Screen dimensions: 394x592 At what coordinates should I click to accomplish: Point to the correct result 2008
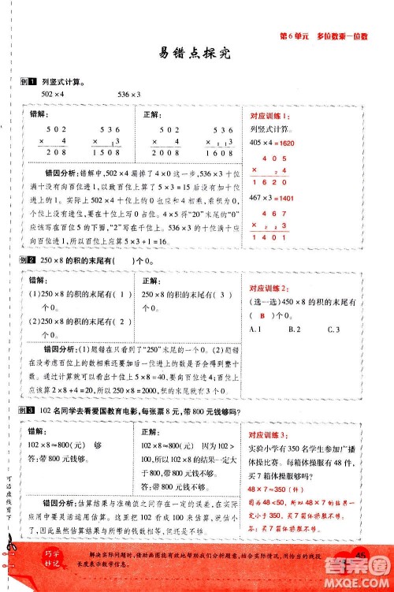coord(172,153)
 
